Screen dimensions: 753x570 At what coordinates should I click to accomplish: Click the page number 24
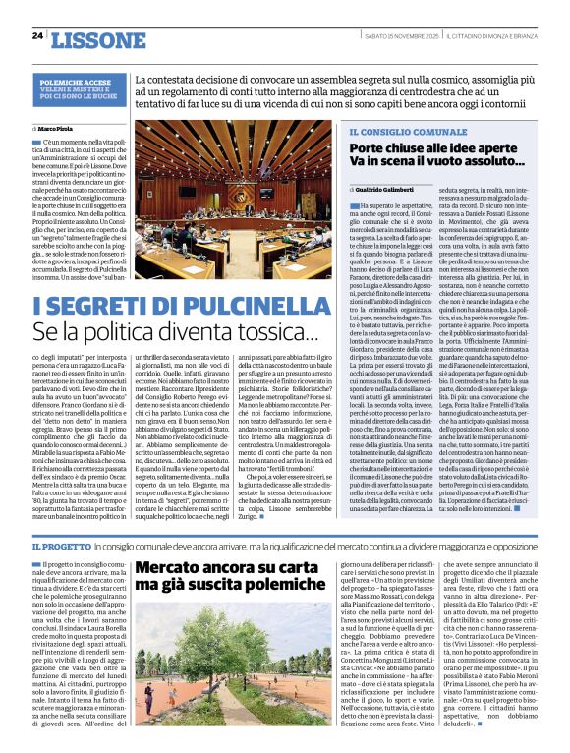pos(37,36)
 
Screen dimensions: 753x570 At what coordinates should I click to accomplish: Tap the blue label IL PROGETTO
pos(62,546)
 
